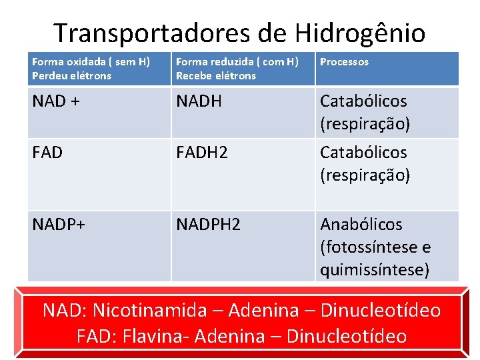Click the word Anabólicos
pyautogui.click(x=361, y=225)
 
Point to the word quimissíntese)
pyautogui.click(x=375, y=270)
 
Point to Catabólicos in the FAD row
pyautogui.click(x=363, y=153)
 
